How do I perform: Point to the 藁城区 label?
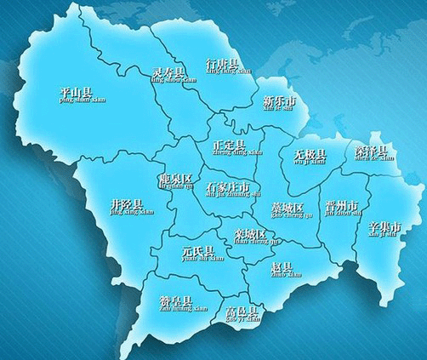click(x=287, y=207)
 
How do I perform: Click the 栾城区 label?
click(x=250, y=233)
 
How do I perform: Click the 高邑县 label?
click(x=241, y=311)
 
